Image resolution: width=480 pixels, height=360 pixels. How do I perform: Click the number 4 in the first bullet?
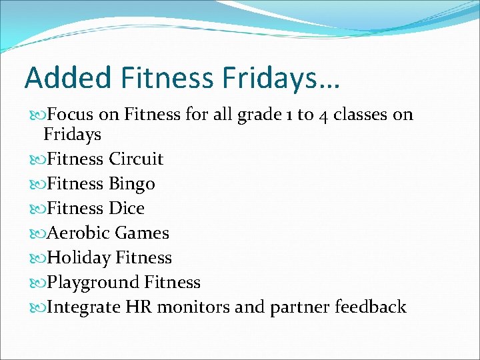tap(322, 115)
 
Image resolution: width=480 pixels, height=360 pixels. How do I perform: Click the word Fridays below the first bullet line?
tap(72, 135)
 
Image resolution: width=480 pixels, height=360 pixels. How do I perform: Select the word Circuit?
tap(136, 159)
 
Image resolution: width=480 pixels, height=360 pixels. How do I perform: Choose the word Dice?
tap(127, 209)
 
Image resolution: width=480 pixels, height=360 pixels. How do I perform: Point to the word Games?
tap(142, 233)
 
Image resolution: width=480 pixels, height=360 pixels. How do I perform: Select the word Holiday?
tap(79, 258)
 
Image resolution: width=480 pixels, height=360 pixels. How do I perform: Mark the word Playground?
tap(93, 283)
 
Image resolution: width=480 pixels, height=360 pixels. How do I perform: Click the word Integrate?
tap(83, 307)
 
